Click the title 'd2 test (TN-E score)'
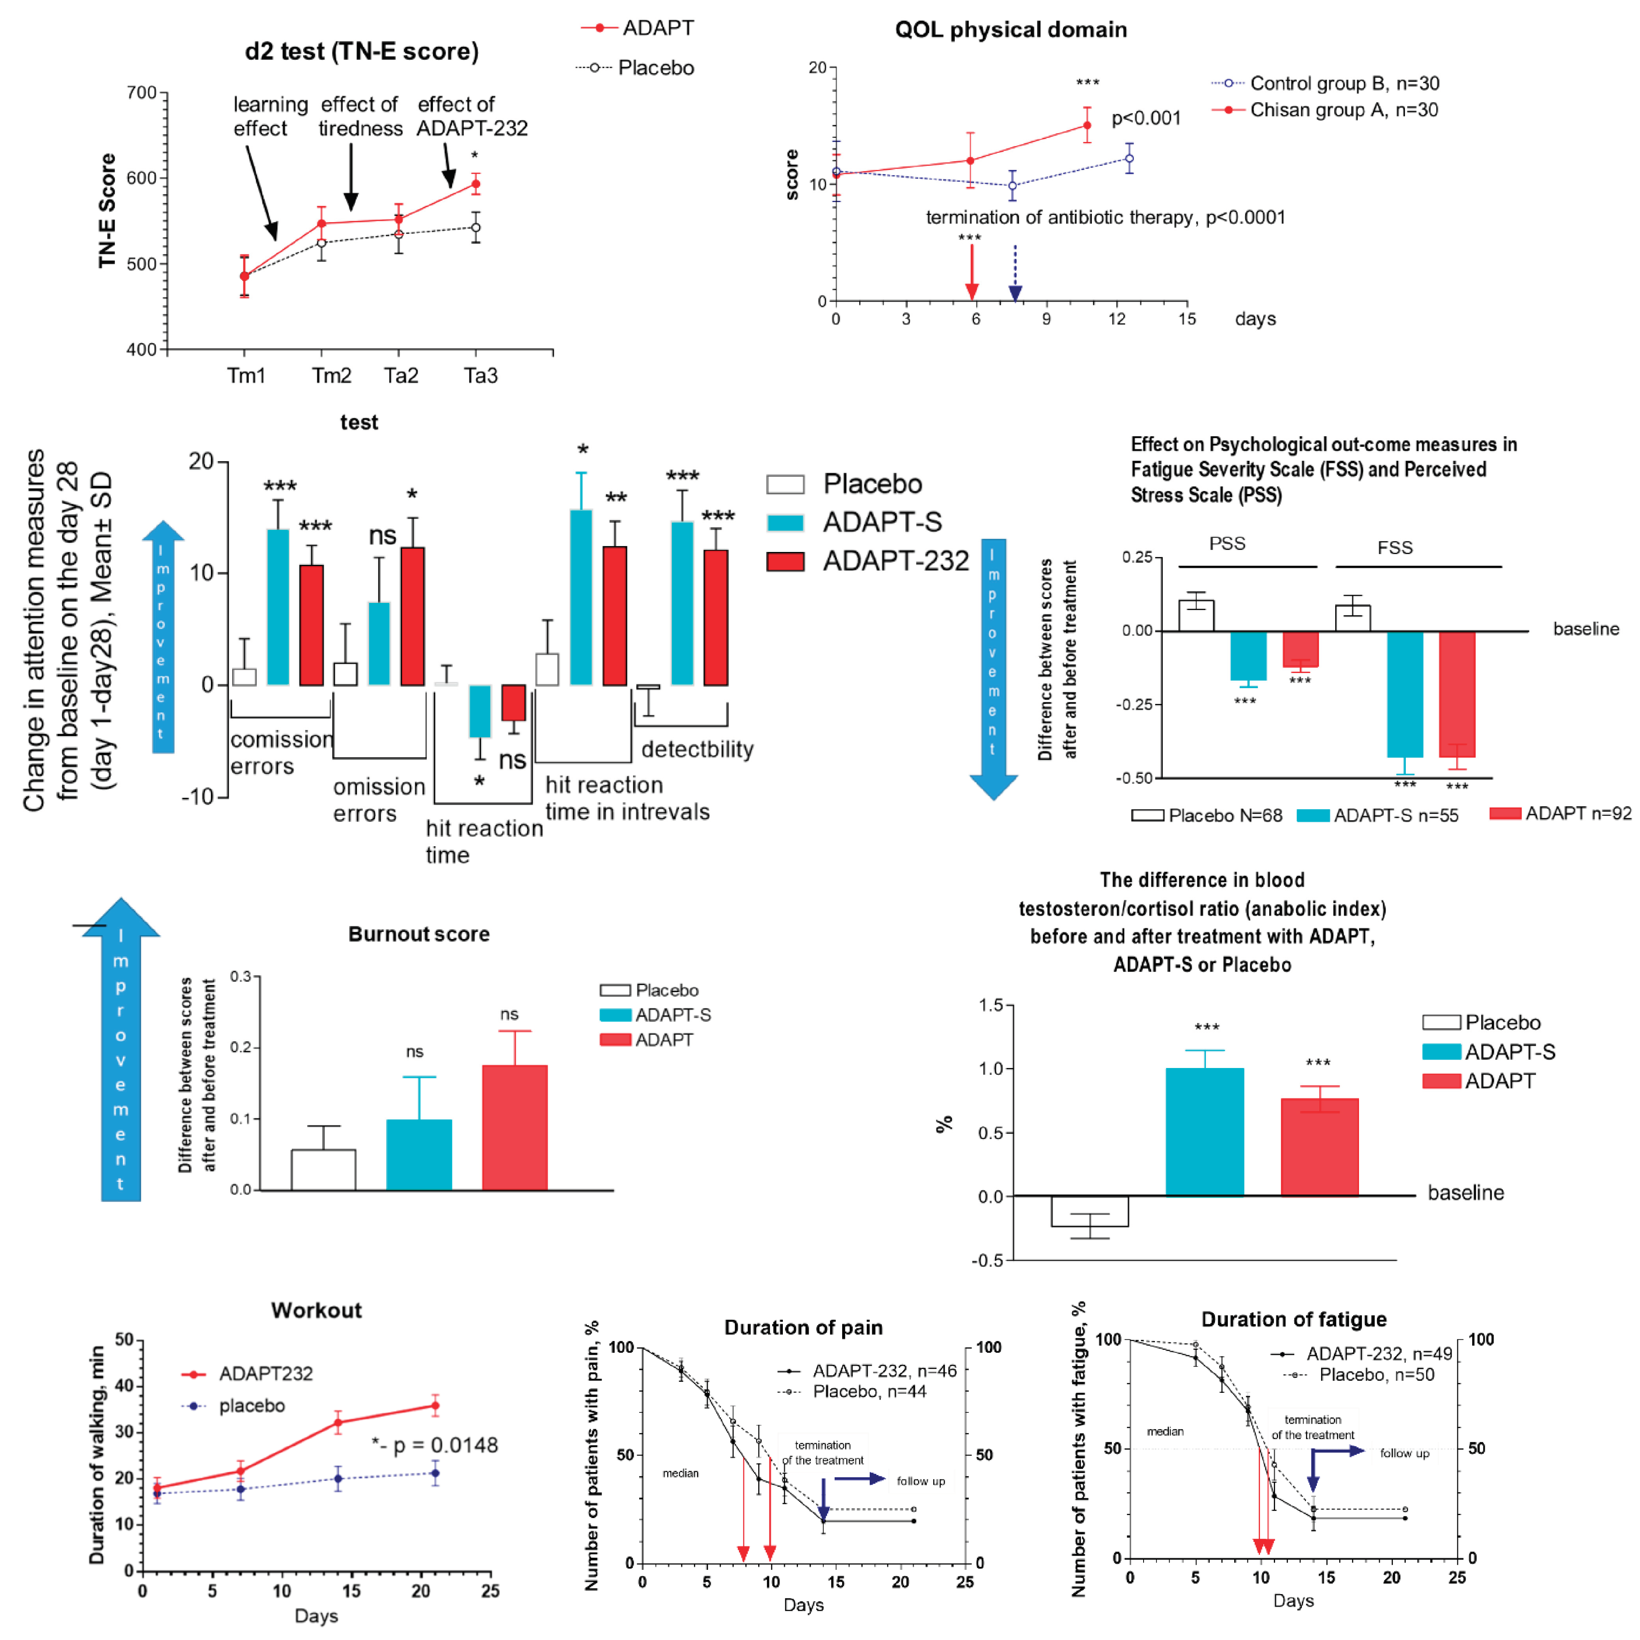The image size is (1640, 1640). coord(362,52)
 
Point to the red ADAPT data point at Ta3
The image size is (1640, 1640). coord(476,184)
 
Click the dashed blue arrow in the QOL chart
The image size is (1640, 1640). coord(1015,273)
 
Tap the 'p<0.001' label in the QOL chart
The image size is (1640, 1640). coord(1146,118)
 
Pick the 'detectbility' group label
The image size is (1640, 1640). coord(697,749)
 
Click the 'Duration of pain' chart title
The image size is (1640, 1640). coord(803,1328)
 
